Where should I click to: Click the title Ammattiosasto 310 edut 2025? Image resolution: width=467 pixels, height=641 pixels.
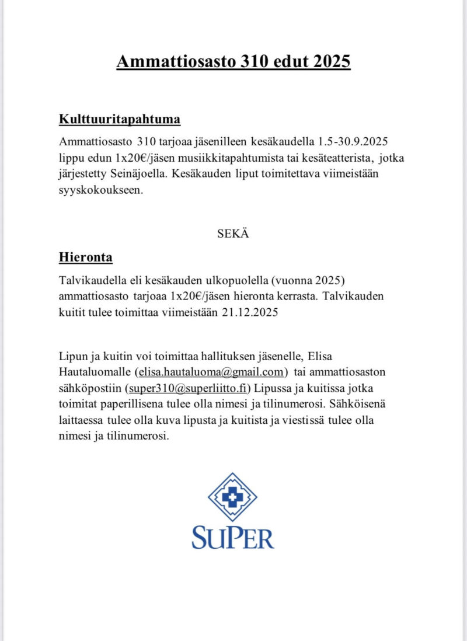(x=233, y=61)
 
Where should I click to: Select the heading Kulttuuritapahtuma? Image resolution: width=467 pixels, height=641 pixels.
(x=120, y=120)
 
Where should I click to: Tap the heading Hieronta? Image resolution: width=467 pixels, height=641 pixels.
(x=86, y=257)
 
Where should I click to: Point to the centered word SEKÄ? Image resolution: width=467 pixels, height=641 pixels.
(x=233, y=234)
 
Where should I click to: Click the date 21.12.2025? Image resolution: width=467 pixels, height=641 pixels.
(x=249, y=312)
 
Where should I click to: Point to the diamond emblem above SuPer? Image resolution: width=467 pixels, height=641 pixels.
(x=232, y=497)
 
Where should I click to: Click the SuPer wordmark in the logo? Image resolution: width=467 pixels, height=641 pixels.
(x=232, y=537)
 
